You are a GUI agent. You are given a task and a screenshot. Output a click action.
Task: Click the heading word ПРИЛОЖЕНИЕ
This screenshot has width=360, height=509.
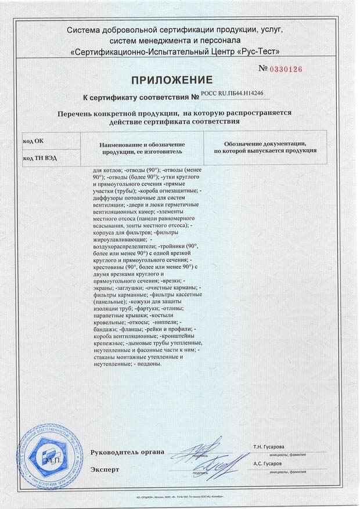(x=179, y=80)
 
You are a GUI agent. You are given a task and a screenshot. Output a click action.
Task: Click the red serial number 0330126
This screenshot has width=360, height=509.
(x=284, y=69)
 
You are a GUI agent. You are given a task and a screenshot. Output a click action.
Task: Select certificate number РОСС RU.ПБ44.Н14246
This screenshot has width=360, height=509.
(x=231, y=92)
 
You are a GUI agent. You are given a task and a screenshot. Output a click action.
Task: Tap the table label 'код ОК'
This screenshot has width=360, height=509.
(x=34, y=140)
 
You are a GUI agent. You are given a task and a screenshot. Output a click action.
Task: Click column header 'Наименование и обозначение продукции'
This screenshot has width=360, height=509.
(x=142, y=147)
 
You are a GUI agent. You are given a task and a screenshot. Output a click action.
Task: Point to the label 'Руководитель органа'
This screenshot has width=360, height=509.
(x=127, y=452)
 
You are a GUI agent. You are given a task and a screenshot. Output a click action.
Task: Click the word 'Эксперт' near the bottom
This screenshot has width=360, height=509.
(x=105, y=469)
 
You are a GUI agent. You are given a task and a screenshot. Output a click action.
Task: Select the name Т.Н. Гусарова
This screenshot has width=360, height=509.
(x=269, y=447)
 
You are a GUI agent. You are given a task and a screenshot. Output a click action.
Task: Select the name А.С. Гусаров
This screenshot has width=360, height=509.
(x=268, y=464)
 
